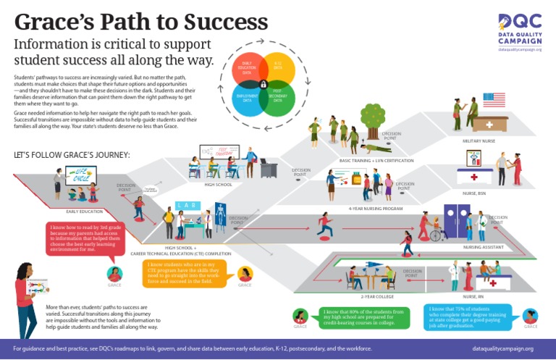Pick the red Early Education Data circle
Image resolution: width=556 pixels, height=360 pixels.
coord(248,68)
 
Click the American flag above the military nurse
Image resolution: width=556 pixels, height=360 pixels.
coord(494,99)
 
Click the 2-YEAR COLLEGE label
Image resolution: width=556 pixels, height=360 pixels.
coord(374,296)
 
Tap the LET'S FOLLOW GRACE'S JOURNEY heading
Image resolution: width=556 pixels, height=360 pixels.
coord(72,155)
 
